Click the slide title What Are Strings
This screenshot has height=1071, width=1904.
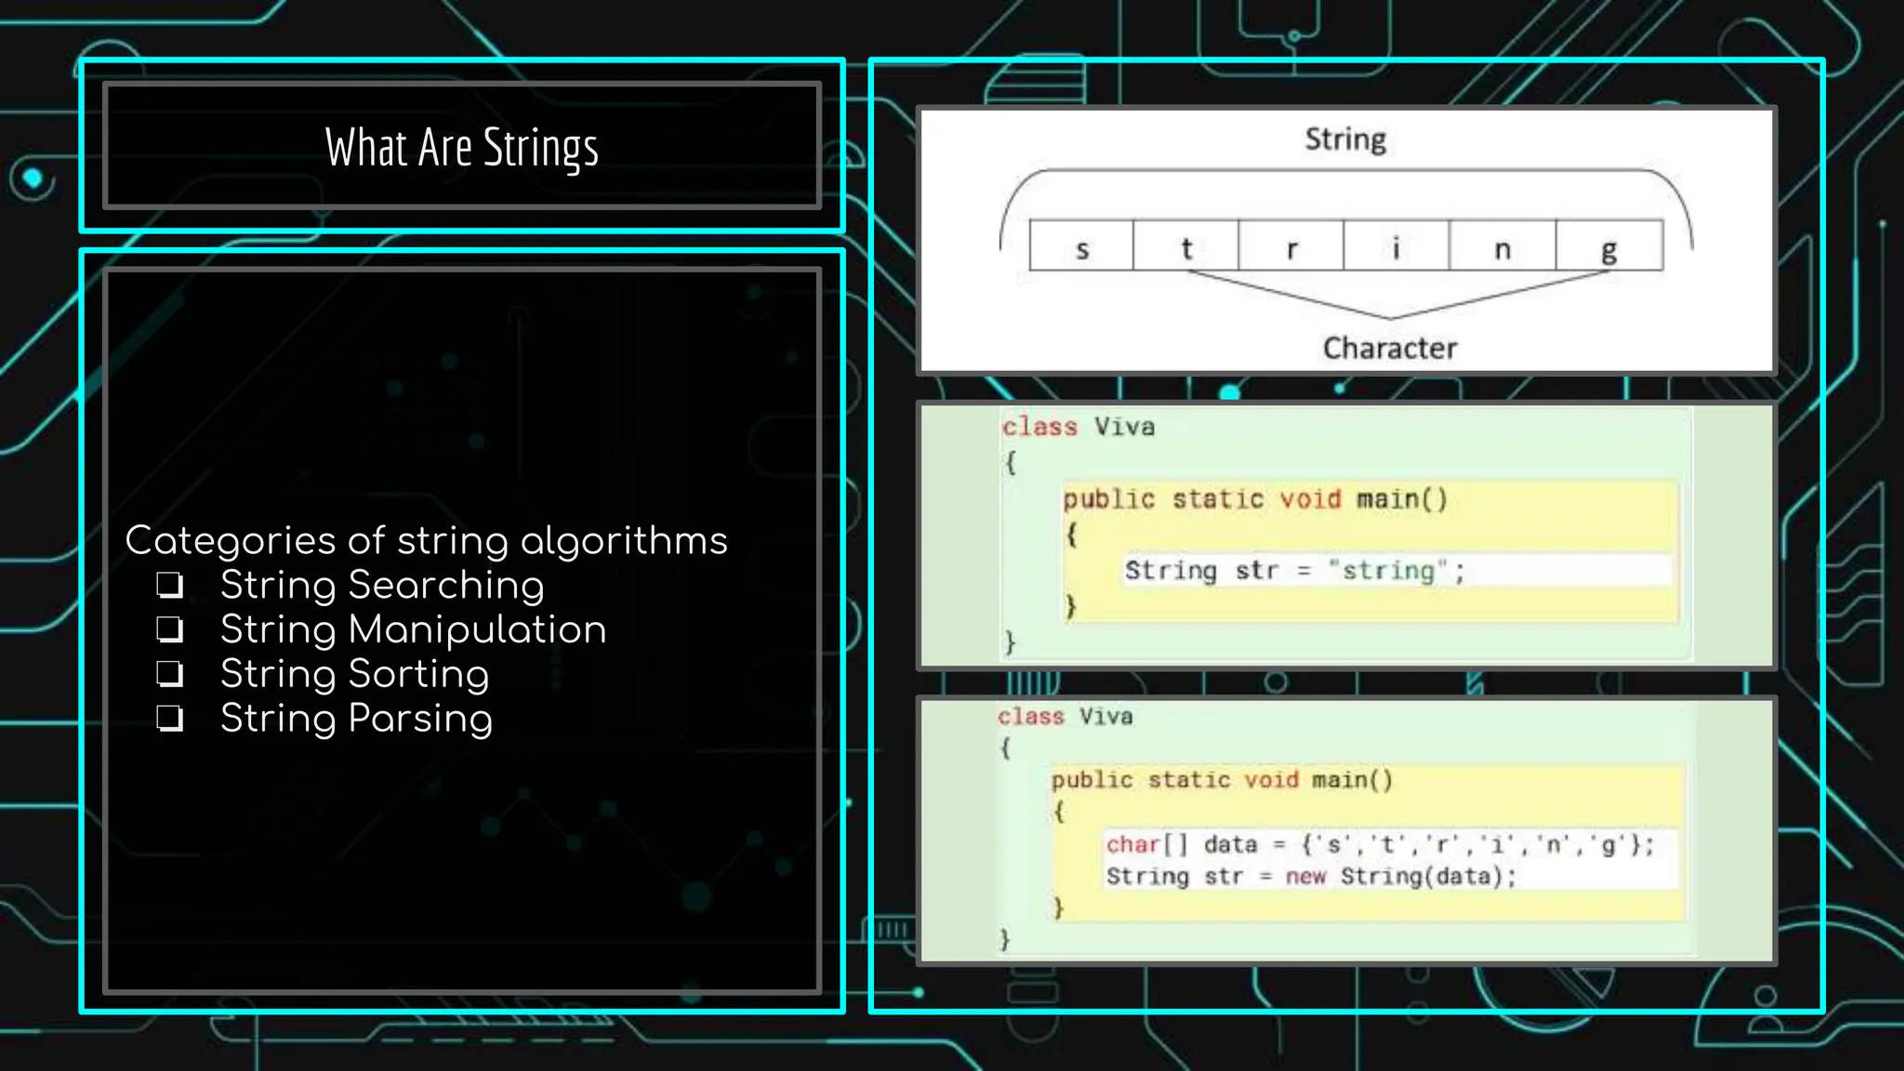(462, 148)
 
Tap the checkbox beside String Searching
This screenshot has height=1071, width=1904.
(169, 585)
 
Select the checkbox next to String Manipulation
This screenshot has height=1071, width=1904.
(169, 629)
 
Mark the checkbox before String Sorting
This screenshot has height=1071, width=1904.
(169, 674)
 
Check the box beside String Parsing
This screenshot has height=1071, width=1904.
(169, 719)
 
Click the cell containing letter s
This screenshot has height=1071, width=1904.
(1081, 246)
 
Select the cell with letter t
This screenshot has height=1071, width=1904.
(1186, 246)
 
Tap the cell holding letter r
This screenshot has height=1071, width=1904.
(1291, 246)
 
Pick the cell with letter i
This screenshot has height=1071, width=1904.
(1396, 246)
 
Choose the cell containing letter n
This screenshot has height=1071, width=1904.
(1502, 246)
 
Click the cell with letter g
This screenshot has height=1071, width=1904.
(1609, 246)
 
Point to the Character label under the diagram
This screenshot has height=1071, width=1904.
(1390, 348)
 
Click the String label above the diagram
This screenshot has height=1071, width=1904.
(1345, 139)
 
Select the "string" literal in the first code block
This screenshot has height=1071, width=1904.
(1388, 570)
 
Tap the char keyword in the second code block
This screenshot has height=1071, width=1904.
(1132, 844)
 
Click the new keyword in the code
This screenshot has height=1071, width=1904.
(1305, 876)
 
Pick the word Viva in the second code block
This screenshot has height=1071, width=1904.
(1105, 717)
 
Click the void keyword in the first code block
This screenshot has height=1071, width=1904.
(1310, 499)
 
